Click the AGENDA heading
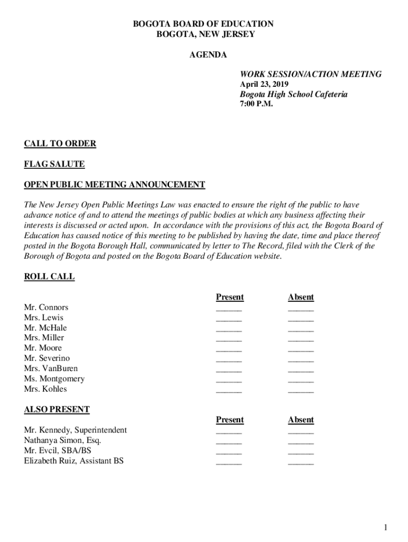[x=208, y=55]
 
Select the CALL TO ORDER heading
[x=60, y=143]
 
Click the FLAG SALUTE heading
[x=54, y=164]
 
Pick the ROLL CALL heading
[x=49, y=277]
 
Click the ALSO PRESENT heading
[x=57, y=409]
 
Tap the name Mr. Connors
[x=46, y=308]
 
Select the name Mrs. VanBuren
[x=51, y=368]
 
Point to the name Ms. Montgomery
[x=54, y=378]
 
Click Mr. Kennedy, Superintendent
[x=75, y=430]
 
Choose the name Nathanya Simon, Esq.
[x=63, y=440]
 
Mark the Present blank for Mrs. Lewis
[x=229, y=319]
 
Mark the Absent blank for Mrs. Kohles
[x=301, y=391]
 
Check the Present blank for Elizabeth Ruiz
[x=229, y=463]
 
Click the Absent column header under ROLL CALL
[x=301, y=297]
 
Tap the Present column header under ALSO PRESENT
[x=230, y=420]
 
